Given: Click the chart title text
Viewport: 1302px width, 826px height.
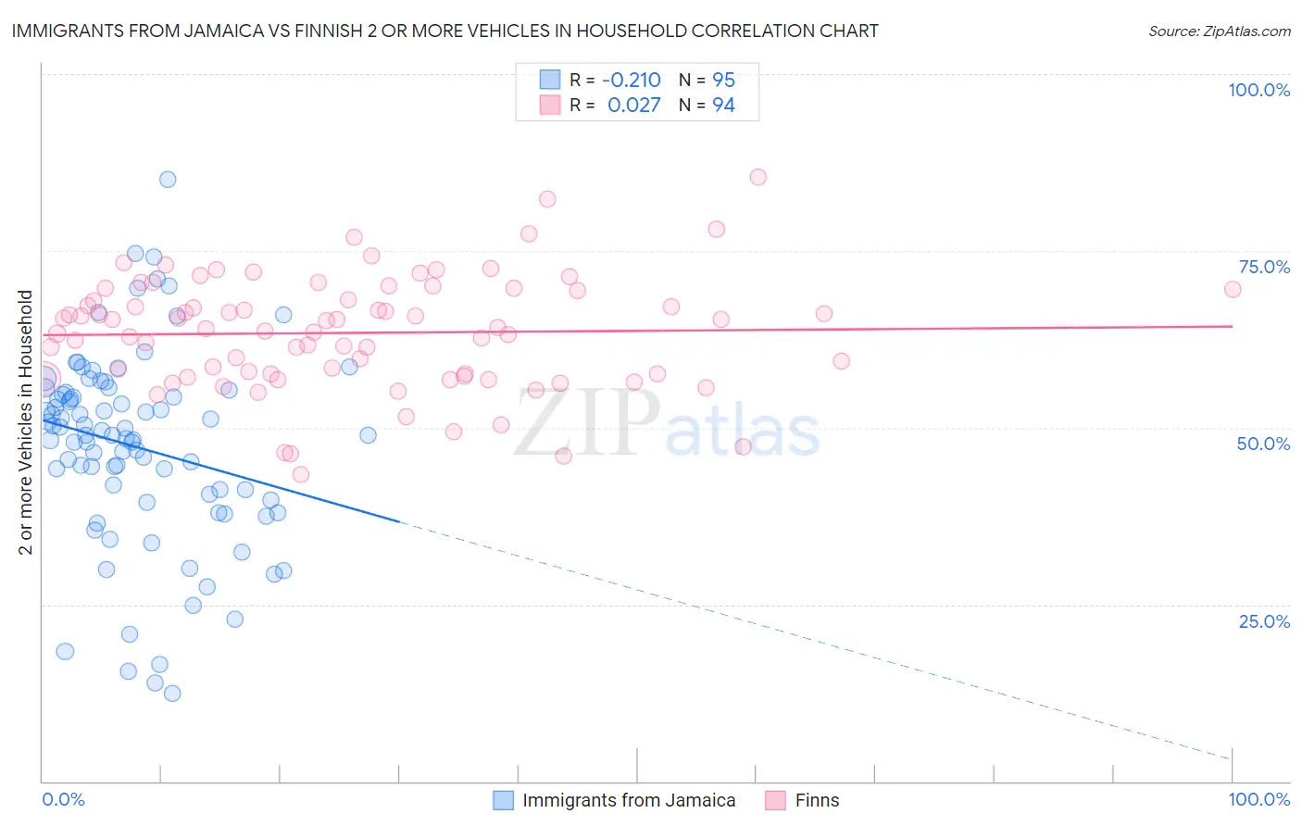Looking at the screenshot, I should point(444,31).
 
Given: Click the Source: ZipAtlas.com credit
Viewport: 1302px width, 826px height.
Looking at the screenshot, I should point(1219,31).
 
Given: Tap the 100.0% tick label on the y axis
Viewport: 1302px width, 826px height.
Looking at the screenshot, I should point(1258,90).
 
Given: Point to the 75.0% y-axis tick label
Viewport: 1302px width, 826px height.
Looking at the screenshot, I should point(1264,267).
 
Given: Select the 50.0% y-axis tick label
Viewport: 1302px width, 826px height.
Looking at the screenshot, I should point(1263,444).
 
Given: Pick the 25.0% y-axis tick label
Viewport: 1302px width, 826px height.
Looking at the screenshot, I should point(1264,621).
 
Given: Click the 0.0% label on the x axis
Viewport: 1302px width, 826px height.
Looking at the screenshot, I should point(63,799).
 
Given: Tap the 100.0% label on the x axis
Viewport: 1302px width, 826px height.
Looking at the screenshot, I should point(1258,799).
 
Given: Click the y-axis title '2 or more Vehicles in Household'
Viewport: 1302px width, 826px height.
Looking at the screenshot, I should point(26,422).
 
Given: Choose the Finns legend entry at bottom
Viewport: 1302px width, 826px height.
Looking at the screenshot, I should point(817,800).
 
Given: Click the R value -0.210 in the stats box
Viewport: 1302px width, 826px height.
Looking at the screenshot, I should point(632,81).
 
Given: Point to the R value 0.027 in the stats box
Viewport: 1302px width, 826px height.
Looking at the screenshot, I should point(634,106).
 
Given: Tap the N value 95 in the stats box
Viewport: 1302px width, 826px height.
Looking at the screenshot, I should point(723,81).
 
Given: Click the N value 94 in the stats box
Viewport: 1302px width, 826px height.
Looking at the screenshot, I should point(723,106).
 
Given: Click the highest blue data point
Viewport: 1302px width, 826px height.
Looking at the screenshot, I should point(168,180).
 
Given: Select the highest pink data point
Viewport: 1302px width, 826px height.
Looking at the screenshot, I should point(757,177).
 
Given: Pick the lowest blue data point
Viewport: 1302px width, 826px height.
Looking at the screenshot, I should point(171,693).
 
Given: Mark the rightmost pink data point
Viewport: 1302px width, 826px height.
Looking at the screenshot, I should point(1232,289).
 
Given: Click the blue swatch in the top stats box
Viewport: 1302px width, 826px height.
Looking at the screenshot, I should point(550,81).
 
